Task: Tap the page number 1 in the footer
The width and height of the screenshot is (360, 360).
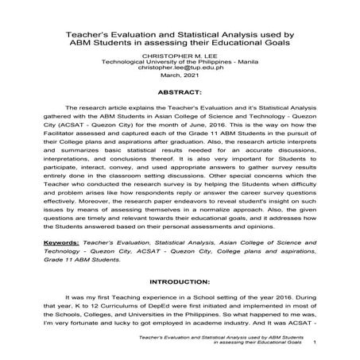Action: coord(316,343)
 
